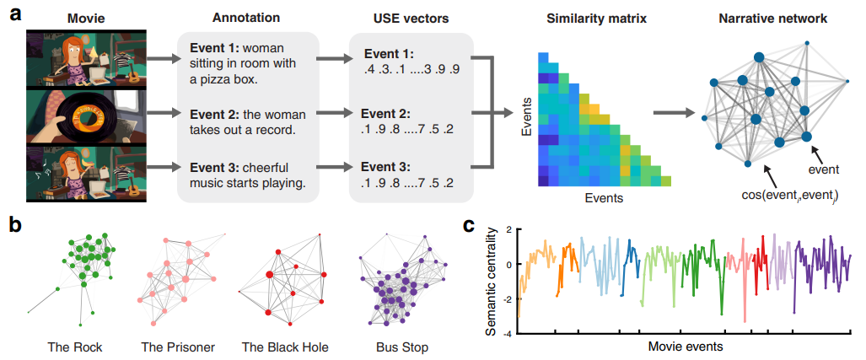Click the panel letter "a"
13,16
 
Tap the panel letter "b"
13,225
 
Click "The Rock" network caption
75,347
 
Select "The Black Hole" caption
283,347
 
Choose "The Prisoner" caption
178,347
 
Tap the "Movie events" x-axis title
686,347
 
